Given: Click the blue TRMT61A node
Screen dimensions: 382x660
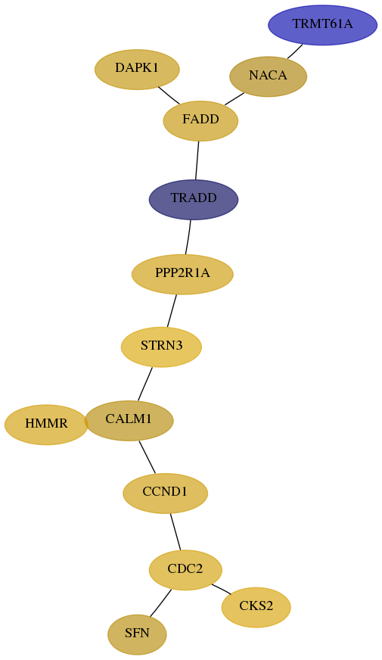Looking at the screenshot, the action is [323, 25].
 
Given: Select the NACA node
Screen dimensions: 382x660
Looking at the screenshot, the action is [268, 76].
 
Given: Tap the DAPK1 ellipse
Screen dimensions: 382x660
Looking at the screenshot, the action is [137, 69].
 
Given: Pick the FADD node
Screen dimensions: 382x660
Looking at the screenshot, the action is [200, 121].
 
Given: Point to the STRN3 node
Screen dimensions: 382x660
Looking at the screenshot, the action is [162, 347].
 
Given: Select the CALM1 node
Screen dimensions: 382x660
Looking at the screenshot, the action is [129, 421].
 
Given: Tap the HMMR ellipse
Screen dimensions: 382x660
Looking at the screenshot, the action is [46, 425].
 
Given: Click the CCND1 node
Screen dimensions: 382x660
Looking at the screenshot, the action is [166, 493].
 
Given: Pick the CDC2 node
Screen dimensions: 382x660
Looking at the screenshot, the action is [185, 570].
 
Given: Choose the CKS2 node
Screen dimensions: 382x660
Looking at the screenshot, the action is [256, 607].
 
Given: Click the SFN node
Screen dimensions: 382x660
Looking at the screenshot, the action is [137, 634].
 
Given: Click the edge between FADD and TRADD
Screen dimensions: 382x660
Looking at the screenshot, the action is [197, 160].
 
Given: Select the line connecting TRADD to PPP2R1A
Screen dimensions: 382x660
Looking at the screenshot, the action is [188, 237].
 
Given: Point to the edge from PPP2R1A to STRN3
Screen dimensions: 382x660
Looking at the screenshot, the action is [172, 310].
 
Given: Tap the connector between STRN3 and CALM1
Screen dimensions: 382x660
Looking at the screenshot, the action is [144, 384].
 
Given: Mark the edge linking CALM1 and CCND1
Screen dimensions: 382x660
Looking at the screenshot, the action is [148, 456].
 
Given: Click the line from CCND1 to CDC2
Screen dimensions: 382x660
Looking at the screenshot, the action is [175, 531].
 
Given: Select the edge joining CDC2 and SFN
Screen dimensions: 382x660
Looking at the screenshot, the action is [160, 603].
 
